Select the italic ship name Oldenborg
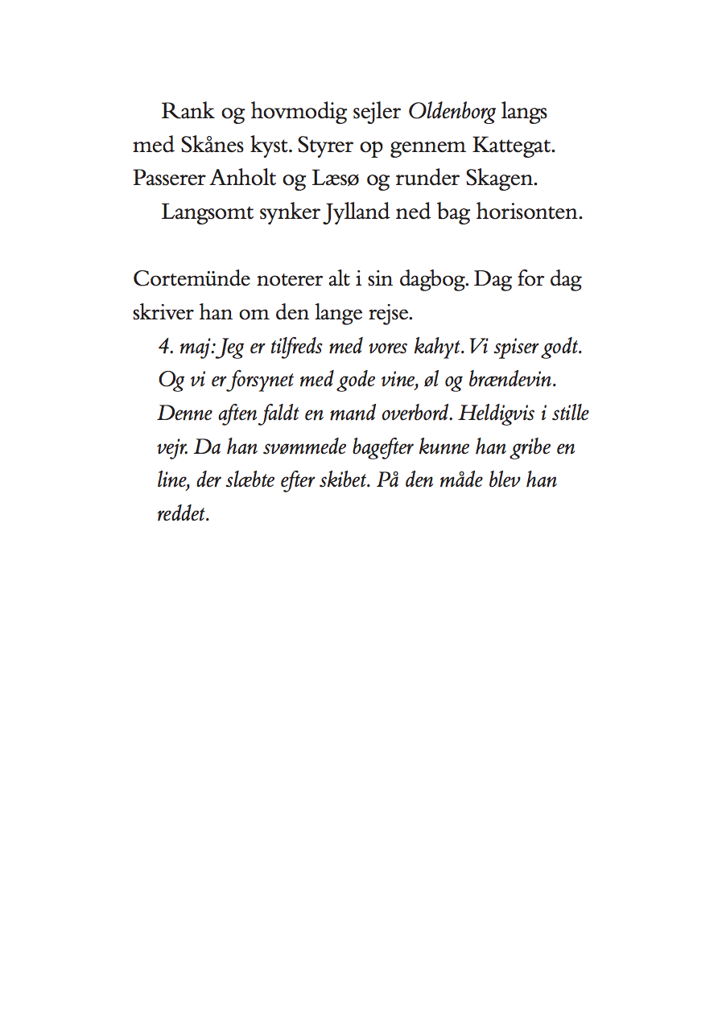pos(452,112)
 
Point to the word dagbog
pos(433,281)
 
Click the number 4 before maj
pos(163,347)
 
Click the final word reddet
pos(181,513)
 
